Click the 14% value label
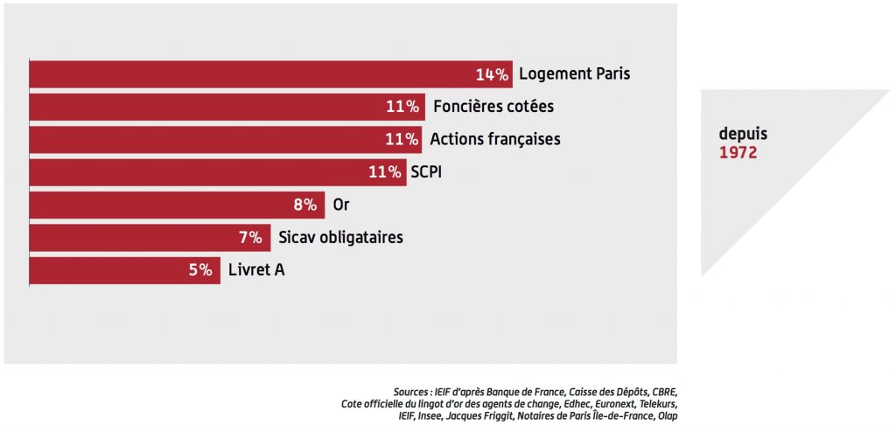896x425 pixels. tap(493, 74)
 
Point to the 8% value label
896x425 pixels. tap(304, 206)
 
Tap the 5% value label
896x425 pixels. tap(200, 270)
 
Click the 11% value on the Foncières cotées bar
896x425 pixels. tap(403, 107)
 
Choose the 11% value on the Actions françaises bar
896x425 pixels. tap(402, 140)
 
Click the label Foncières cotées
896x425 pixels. tap(493, 107)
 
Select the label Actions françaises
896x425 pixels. tap(494, 140)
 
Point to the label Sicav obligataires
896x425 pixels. tap(340, 238)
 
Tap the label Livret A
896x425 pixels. tap(256, 270)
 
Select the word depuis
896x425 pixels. tap(742, 136)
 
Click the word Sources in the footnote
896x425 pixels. tap(412, 392)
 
